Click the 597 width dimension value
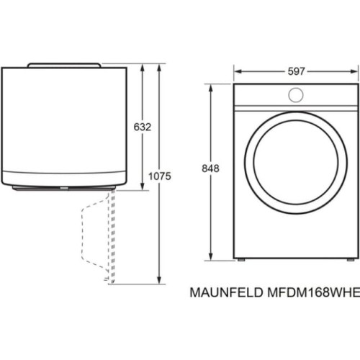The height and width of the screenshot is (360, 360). [x=296, y=71]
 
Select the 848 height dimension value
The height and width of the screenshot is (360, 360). [x=210, y=168]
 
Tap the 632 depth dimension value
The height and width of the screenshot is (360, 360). [x=143, y=127]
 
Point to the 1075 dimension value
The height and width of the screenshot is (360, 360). [x=160, y=176]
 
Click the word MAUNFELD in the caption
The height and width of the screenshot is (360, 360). [x=226, y=292]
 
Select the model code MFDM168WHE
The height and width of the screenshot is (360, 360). [x=313, y=292]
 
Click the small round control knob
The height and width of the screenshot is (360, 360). [x=296, y=95]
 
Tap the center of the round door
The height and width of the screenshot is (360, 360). [x=296, y=163]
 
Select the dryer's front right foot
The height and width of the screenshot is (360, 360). [x=351, y=260]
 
